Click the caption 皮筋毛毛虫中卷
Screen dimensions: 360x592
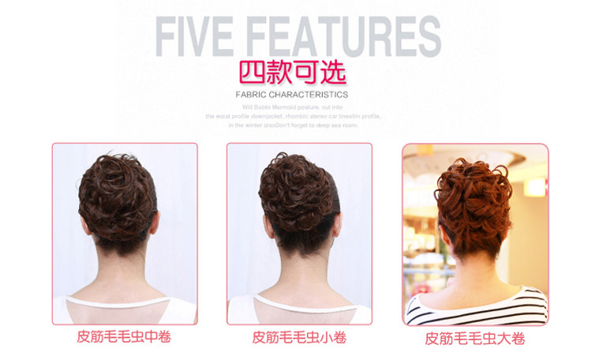point(125,337)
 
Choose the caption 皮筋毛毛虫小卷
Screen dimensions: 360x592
point(299,337)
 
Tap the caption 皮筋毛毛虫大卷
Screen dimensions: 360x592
point(475,338)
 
